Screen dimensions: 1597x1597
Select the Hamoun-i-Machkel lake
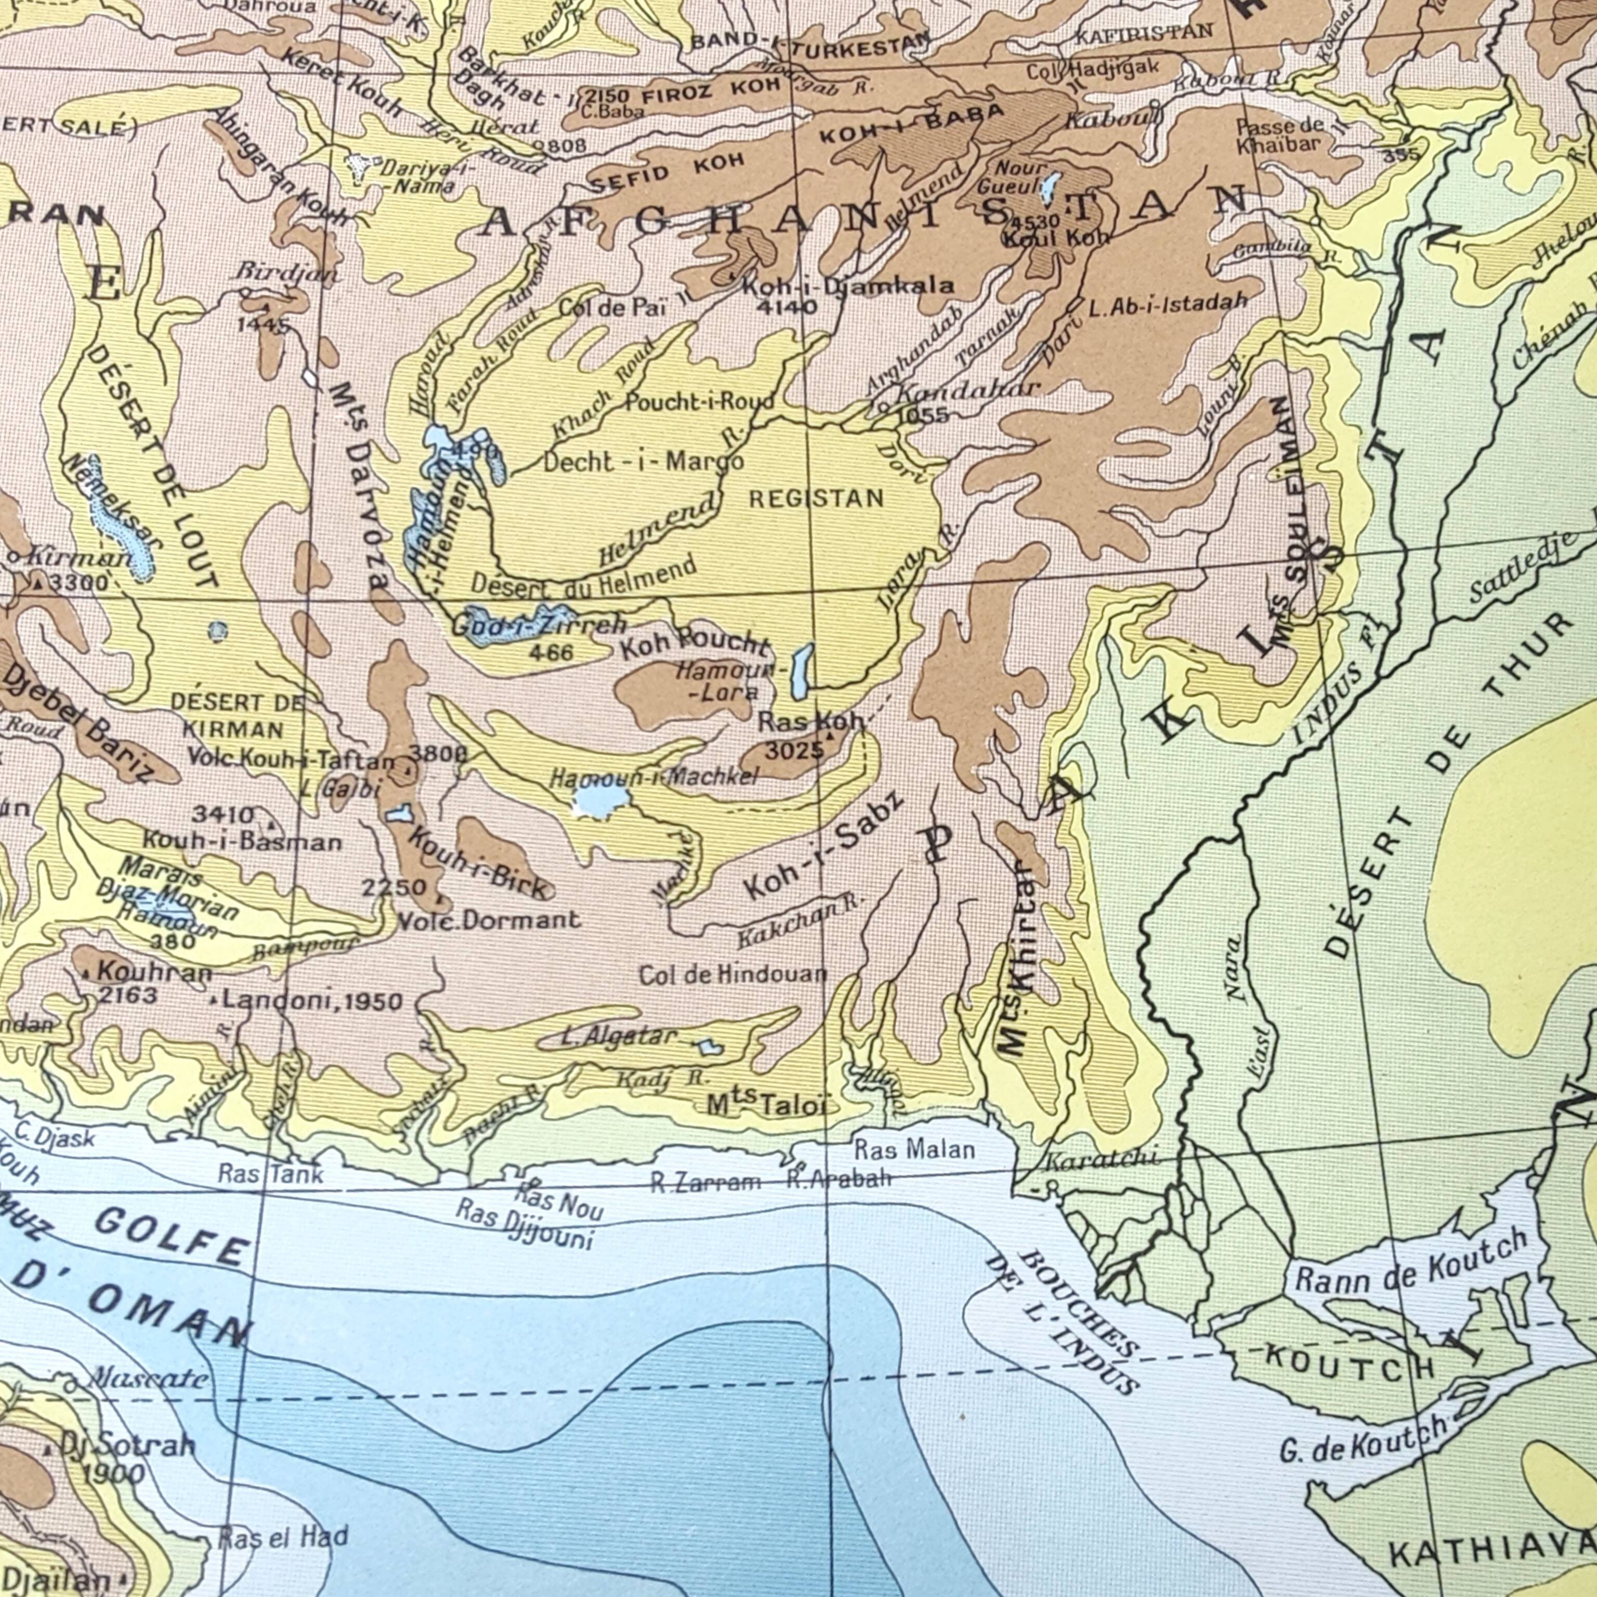click(x=601, y=800)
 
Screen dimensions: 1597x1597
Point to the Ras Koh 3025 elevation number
click(x=793, y=751)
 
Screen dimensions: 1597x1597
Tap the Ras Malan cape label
click(x=914, y=1149)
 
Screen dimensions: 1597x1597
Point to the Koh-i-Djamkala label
click(x=847, y=287)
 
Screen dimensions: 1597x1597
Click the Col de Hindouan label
click(x=732, y=975)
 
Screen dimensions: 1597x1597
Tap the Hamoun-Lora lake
click(x=800, y=671)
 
